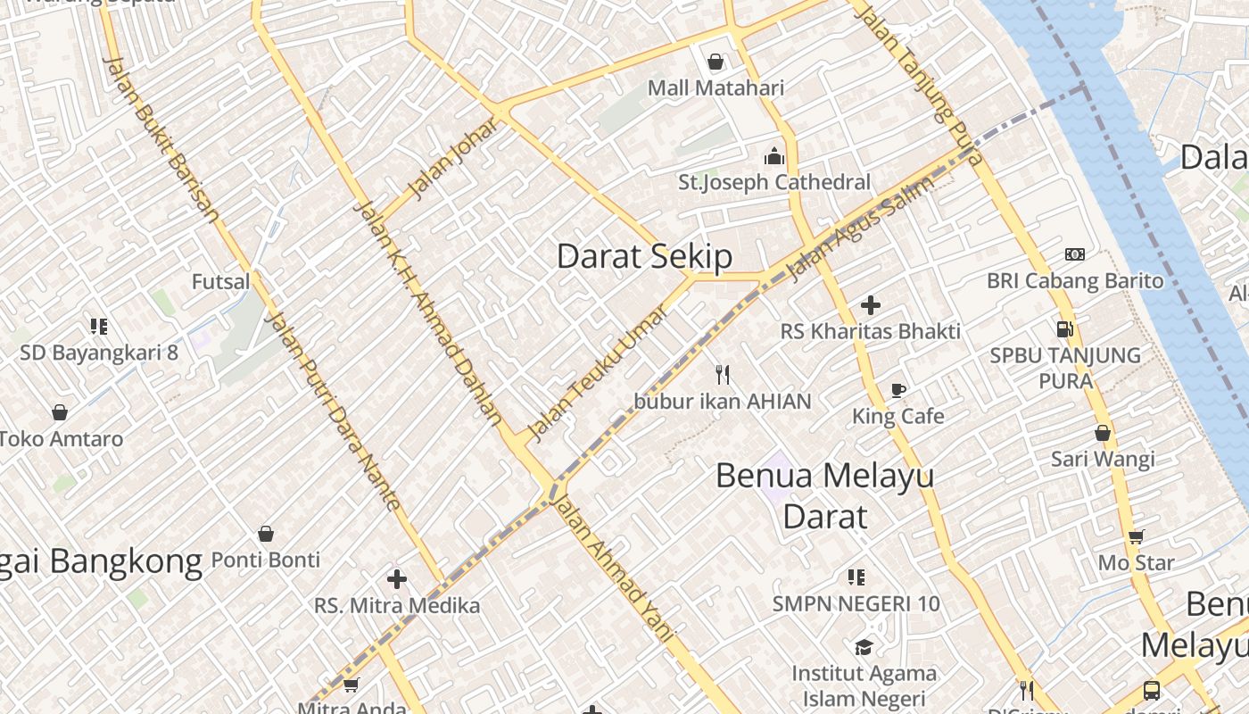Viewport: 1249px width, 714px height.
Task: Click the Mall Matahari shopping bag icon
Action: coord(715,62)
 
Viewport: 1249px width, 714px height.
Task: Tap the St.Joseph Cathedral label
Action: coord(773,182)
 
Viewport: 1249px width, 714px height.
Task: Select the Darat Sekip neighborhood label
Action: coord(644,256)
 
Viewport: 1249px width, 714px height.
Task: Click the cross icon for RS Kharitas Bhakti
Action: coord(871,305)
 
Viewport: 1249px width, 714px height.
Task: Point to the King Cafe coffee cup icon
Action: coord(898,390)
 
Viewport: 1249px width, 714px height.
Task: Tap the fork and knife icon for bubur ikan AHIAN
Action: coord(723,375)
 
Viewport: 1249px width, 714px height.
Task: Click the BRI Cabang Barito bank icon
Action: coord(1075,254)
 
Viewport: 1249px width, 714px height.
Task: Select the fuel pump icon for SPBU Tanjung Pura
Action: coord(1064,328)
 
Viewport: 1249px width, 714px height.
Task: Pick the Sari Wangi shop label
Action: coord(1103,459)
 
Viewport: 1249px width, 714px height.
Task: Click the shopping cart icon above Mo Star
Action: coord(1136,536)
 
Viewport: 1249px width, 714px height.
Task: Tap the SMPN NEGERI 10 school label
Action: coord(856,604)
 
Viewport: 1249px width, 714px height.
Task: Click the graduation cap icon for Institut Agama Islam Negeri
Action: coord(864,647)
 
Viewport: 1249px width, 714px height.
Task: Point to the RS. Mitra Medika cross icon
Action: coord(397,579)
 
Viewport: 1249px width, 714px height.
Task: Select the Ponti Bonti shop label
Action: coord(265,560)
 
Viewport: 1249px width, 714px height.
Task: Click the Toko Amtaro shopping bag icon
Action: coord(60,412)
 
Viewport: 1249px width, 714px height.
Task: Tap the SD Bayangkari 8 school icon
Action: coord(99,326)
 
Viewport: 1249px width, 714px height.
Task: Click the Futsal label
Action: coord(221,282)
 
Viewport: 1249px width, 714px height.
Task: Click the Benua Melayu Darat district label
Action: coord(824,495)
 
